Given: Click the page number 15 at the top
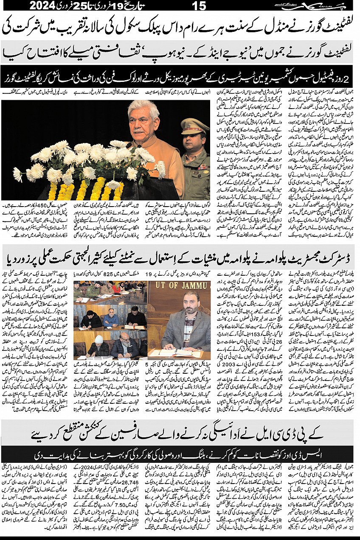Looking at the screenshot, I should (x=198, y=6).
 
